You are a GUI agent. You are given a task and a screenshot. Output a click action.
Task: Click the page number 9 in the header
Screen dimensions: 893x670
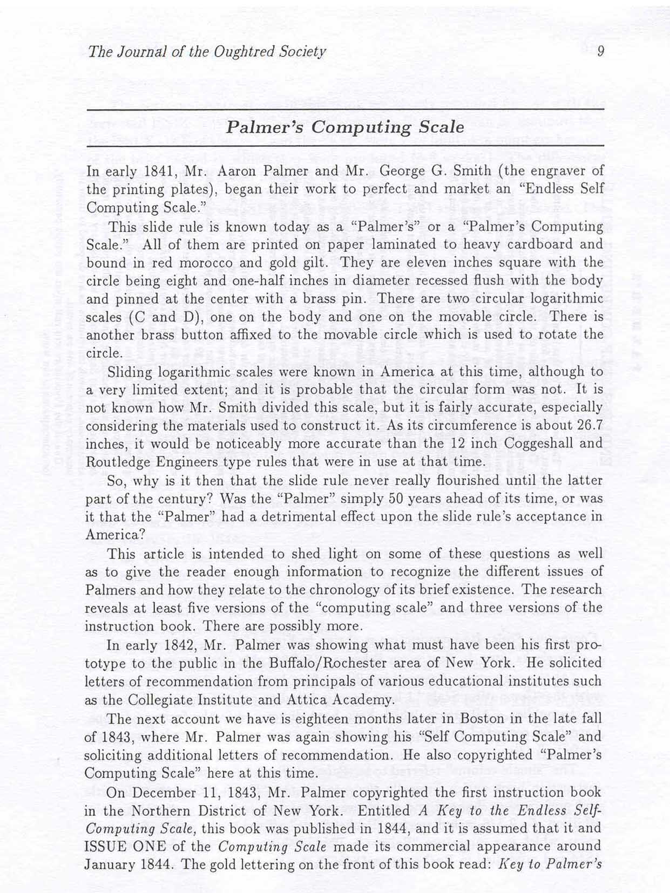(x=600, y=51)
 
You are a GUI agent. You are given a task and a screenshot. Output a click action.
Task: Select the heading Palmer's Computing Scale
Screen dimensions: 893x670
(x=345, y=127)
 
